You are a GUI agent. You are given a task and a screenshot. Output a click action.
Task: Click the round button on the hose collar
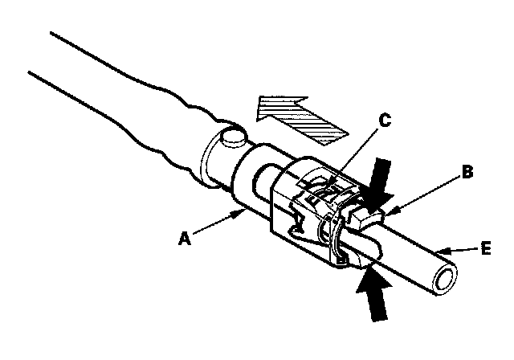coord(234,137)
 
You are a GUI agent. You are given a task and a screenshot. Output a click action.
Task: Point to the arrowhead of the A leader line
coord(244,211)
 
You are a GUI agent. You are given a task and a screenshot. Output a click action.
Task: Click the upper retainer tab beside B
coord(365,215)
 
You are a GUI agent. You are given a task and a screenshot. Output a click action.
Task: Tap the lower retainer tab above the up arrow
coord(354,255)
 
